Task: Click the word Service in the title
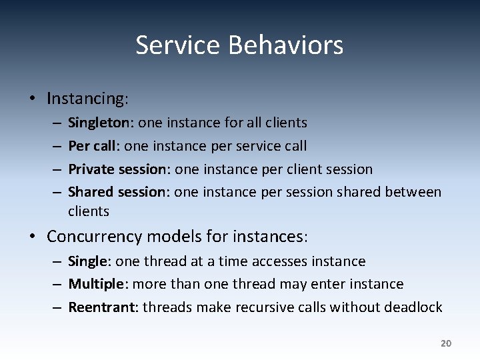pyautogui.click(x=178, y=45)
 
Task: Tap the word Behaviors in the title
pyautogui.click(x=286, y=45)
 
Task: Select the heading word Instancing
pyautogui.click(x=85, y=99)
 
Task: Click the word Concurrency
pyautogui.click(x=95, y=237)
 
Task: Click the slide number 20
pyautogui.click(x=446, y=343)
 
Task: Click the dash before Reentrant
pyautogui.click(x=57, y=307)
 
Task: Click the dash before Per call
pyautogui.click(x=57, y=146)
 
